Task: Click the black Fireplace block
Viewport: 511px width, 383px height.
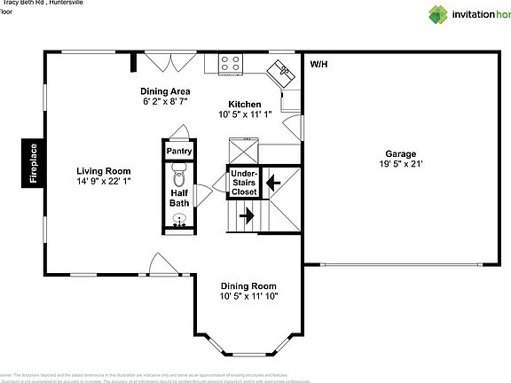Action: [x=33, y=164]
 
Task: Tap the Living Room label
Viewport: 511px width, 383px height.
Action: [x=103, y=171]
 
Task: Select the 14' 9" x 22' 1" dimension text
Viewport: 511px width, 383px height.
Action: [x=103, y=182]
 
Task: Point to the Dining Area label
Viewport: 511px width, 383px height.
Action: [x=165, y=91]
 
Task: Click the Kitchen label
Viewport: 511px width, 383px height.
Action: [x=245, y=104]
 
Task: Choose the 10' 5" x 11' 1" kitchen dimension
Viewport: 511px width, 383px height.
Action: [x=245, y=114]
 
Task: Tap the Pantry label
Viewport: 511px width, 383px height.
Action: [x=179, y=151]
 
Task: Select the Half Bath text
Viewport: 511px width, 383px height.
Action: [x=179, y=197]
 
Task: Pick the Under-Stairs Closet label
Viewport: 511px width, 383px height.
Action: [x=244, y=184]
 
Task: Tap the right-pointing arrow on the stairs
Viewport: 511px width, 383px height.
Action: [x=246, y=215]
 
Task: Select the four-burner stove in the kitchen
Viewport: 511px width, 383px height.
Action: [x=231, y=64]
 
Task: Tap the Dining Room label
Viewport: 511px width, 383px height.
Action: [x=248, y=285]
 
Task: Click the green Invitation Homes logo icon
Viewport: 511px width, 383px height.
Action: [x=439, y=14]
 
